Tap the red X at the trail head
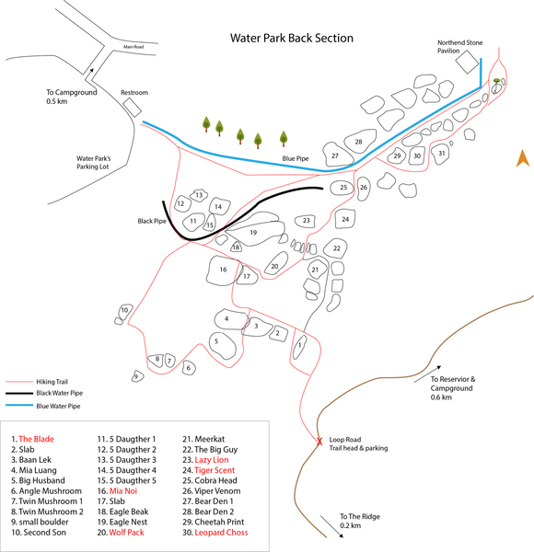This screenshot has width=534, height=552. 319,442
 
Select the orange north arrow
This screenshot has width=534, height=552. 520,158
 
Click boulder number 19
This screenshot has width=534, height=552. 252,233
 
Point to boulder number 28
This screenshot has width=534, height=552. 358,142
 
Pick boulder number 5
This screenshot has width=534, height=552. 216,341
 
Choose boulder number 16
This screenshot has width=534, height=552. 223,270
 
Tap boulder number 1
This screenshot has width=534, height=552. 299,346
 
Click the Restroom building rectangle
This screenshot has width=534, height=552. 132,108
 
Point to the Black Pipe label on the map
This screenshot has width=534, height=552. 151,222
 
